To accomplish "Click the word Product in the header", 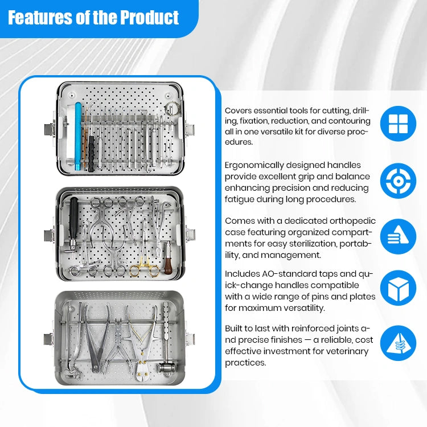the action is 149,18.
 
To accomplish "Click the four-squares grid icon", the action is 398,124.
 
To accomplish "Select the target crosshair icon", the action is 398,181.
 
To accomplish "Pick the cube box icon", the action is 398,288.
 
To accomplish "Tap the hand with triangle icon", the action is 398,236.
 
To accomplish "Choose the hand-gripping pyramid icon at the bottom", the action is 398,343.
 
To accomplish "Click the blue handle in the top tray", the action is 78,136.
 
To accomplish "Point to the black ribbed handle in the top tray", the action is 91,154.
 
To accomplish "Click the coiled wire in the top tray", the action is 173,108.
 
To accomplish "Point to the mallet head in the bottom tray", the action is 166,368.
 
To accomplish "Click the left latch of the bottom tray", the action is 50,339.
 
